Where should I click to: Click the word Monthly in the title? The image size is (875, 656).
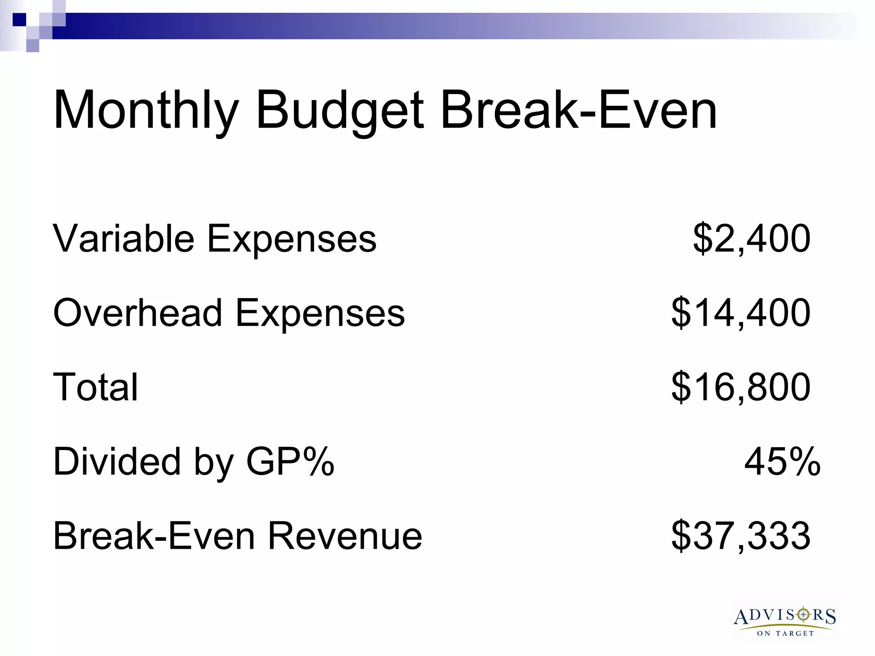(146, 110)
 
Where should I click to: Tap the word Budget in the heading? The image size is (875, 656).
(340, 110)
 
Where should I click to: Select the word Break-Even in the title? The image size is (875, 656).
(578, 110)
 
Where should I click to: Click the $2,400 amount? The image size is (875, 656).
(752, 238)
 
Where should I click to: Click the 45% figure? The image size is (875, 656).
(782, 462)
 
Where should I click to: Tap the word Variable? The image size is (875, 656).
(123, 238)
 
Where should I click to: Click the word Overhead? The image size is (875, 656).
(138, 313)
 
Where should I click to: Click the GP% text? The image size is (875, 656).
(290, 462)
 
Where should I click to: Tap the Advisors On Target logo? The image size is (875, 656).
(785, 621)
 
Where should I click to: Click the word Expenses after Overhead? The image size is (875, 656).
(320, 313)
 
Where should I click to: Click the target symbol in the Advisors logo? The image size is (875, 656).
(804, 614)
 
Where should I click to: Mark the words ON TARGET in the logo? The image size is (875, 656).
(785, 633)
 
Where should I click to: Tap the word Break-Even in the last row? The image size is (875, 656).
(154, 536)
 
